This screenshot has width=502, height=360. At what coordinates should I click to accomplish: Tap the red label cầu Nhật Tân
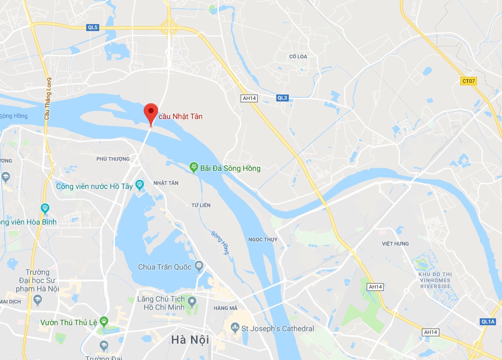180,116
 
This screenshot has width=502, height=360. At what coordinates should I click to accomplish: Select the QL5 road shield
93,27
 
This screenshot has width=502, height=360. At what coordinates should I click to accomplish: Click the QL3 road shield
282,98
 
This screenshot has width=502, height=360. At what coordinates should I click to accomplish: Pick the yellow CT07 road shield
469,81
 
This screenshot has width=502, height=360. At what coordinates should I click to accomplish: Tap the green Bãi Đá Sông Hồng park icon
194,168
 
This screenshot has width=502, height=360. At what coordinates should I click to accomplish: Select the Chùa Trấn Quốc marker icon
199,266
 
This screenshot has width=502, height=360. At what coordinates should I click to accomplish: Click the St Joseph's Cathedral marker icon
235,328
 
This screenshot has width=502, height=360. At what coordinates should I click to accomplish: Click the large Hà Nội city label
188,340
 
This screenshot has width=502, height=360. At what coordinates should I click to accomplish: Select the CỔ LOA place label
298,57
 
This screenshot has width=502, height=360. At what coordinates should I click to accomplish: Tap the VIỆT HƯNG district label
395,244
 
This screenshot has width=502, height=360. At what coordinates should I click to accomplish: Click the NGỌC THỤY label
263,240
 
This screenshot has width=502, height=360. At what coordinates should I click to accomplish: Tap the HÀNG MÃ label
226,308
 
